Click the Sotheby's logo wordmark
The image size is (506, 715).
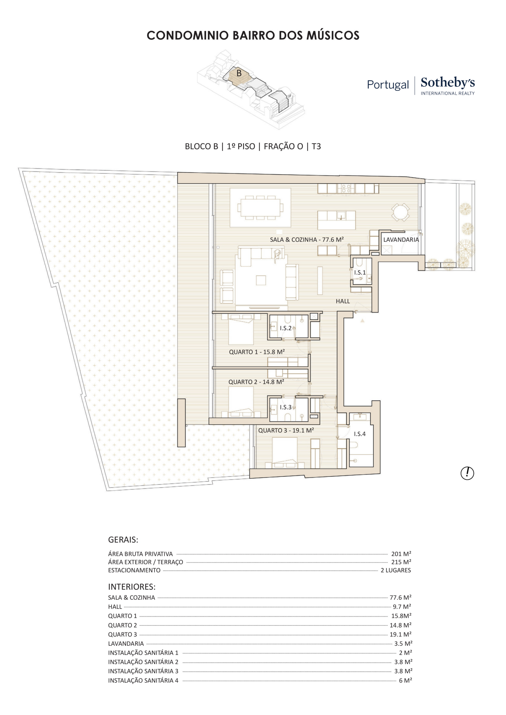(x=447, y=82)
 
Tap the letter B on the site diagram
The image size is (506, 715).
(x=239, y=73)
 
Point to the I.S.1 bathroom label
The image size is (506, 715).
(x=360, y=273)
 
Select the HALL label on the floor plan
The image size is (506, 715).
(x=343, y=301)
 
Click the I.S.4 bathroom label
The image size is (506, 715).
(x=360, y=434)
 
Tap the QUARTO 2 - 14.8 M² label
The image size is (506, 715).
(x=256, y=382)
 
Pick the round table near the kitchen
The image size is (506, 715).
(x=400, y=212)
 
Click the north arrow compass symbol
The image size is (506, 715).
(x=467, y=473)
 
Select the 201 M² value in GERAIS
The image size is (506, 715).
(x=401, y=554)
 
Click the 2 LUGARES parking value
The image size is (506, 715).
(x=396, y=570)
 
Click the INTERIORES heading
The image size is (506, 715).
(x=132, y=587)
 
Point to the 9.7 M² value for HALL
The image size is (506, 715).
(x=402, y=607)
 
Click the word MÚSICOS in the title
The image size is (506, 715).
(x=333, y=35)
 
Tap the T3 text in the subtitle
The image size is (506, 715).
(x=316, y=146)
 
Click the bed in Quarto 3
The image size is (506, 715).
(x=285, y=452)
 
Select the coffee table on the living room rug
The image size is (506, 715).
(x=261, y=280)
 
